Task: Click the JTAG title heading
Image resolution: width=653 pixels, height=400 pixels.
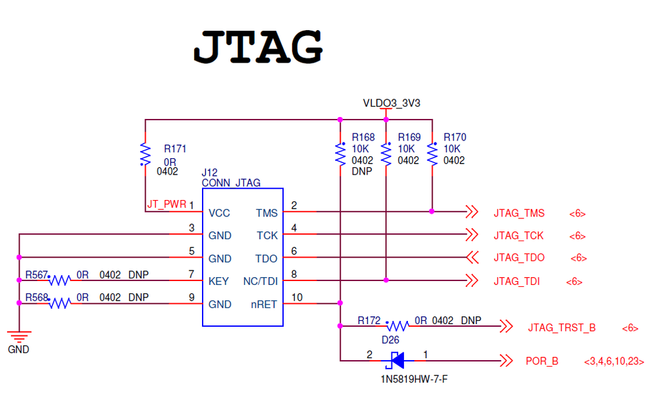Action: [258, 46]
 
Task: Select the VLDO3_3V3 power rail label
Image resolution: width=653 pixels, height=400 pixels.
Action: [392, 103]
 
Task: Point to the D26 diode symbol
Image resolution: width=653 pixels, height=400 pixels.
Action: [396, 359]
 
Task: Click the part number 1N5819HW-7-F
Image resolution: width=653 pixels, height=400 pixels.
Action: [410, 379]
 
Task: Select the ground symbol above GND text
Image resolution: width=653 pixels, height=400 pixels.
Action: [19, 337]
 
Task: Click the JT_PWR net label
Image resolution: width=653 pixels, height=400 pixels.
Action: [167, 204]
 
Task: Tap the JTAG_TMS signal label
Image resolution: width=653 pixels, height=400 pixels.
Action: [519, 214]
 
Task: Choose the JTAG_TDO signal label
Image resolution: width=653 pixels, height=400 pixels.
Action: [519, 258]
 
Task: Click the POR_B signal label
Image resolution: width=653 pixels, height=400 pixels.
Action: [542, 361]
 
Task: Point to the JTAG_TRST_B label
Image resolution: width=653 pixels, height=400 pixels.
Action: [561, 327]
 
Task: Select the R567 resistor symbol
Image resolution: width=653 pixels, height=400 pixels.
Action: [59, 280]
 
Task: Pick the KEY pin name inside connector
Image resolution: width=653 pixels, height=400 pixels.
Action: [218, 282]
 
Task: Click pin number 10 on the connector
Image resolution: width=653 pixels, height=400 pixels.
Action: [297, 297]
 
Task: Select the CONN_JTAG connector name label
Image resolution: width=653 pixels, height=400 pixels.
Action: [231, 183]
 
